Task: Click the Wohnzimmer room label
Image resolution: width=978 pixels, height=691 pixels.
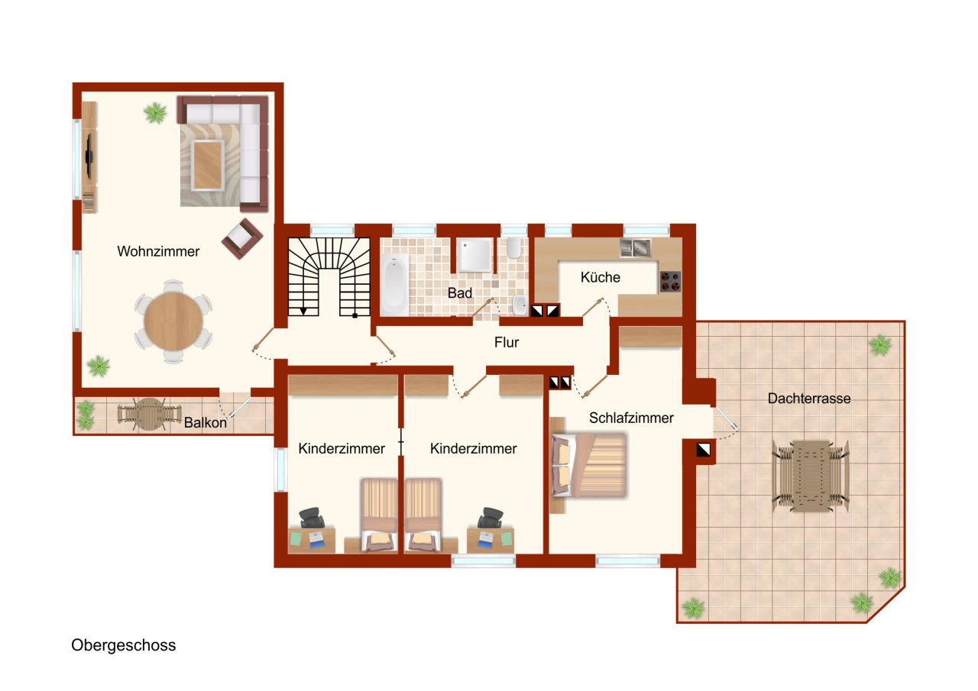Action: (158, 251)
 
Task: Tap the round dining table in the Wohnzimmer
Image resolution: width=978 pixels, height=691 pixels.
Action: (173, 321)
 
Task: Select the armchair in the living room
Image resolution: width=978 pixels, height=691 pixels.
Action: (242, 239)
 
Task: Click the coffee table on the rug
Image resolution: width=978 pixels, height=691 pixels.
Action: (207, 166)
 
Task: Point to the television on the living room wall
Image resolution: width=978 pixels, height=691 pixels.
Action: (89, 156)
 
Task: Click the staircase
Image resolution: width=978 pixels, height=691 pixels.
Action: (329, 277)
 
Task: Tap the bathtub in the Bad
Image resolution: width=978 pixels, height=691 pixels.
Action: (394, 285)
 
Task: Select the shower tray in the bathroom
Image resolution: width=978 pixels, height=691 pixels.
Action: (474, 255)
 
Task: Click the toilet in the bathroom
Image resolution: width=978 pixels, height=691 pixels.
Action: (514, 248)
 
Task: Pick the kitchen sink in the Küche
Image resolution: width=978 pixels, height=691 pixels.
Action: (635, 248)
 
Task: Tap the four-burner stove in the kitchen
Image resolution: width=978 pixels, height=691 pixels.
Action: (670, 282)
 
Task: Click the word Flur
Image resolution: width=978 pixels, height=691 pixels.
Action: (507, 343)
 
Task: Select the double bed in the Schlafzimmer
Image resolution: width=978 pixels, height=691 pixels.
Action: (589, 465)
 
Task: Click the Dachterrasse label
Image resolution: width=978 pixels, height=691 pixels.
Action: (809, 399)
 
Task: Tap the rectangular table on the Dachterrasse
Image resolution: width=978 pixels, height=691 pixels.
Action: (811, 476)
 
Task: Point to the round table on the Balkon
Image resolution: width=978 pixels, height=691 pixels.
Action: (149, 414)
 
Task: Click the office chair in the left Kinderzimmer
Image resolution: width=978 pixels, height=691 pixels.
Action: (313, 518)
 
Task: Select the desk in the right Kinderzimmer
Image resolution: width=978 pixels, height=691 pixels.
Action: (491, 541)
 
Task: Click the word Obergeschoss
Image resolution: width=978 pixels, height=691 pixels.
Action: (124, 645)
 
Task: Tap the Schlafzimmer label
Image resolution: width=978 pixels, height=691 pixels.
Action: (631, 418)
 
